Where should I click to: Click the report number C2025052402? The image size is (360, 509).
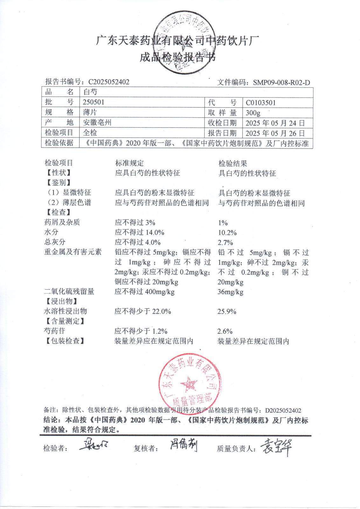(109, 82)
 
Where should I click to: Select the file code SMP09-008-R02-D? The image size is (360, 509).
(281, 83)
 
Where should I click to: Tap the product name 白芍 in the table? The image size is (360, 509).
(90, 92)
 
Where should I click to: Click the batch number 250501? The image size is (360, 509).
(93, 102)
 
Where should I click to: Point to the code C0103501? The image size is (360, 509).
(261, 103)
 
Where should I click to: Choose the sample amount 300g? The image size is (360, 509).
(253, 113)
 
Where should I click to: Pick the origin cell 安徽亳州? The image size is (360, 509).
(97, 122)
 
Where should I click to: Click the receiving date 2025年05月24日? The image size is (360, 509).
(275, 123)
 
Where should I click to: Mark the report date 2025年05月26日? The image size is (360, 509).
(275, 133)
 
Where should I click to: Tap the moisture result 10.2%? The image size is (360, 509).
(227, 233)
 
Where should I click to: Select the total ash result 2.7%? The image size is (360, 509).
(225, 243)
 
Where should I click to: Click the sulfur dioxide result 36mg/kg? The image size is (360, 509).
(230, 292)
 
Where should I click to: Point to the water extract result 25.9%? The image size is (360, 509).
(227, 312)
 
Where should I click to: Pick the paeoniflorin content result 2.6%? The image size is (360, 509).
(225, 331)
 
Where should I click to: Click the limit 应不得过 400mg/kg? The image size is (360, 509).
(144, 292)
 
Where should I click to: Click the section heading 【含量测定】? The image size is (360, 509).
(65, 321)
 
